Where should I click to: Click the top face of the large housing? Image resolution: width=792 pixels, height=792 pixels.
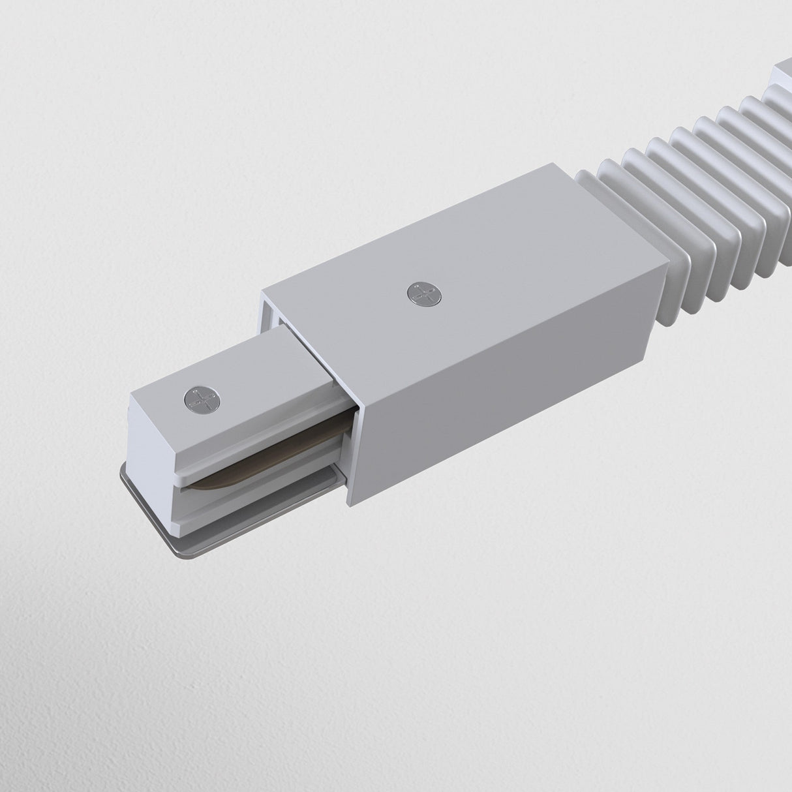[457, 261]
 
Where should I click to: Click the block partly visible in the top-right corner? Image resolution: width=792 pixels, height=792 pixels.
[783, 72]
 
